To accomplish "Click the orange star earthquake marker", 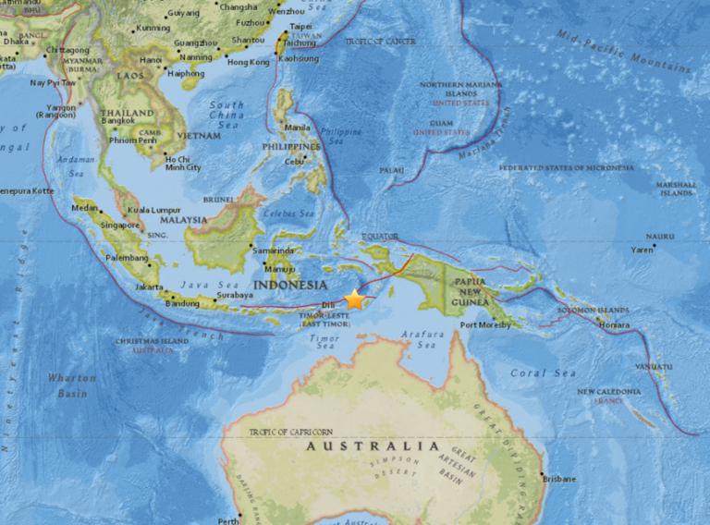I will (x=354, y=299).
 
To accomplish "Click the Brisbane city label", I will (x=559, y=479).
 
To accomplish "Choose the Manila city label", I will (x=299, y=128).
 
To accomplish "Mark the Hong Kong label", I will (x=248, y=62).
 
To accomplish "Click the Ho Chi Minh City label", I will (x=182, y=163).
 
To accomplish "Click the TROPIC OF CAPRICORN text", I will (x=290, y=432).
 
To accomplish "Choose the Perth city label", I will (x=227, y=520).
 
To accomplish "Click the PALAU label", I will (x=391, y=171).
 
